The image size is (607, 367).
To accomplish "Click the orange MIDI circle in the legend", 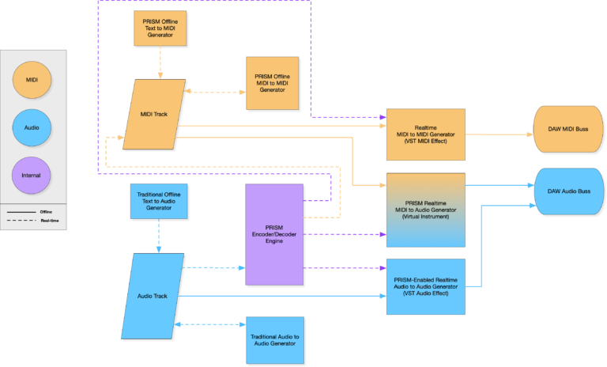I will pyautogui.click(x=32, y=79).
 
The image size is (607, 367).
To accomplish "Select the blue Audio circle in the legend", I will pyautogui.click(x=32, y=126).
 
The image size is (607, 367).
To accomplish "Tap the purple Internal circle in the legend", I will pyautogui.click(x=32, y=175).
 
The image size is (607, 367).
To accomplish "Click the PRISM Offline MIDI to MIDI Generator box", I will pyautogui.click(x=273, y=82).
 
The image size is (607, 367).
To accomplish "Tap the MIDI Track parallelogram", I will pyautogui.click(x=154, y=114).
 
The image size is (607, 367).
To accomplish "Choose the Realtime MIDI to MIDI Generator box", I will pyautogui.click(x=425, y=134).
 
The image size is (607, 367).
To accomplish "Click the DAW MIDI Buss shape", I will pyautogui.click(x=569, y=129).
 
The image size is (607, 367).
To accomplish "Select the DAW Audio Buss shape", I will pyautogui.click(x=570, y=191).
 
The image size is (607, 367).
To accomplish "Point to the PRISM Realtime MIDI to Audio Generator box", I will pyautogui.click(x=425, y=209).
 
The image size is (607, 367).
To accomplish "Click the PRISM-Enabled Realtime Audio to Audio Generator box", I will pyautogui.click(x=425, y=286).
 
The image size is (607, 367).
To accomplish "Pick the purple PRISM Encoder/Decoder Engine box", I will pyautogui.click(x=273, y=234).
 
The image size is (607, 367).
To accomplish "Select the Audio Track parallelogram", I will pyautogui.click(x=153, y=296).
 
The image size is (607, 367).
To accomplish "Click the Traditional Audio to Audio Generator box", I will pyautogui.click(x=274, y=340).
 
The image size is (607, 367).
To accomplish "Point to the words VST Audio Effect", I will pyautogui.click(x=425, y=293).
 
